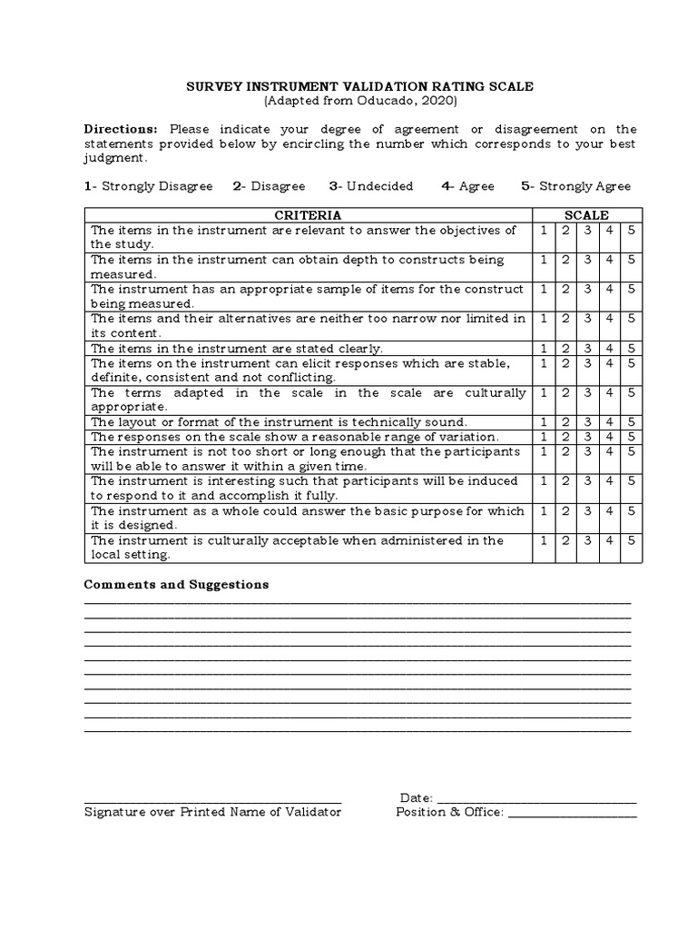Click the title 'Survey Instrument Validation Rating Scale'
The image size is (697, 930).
(x=360, y=86)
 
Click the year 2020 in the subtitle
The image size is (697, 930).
(x=441, y=101)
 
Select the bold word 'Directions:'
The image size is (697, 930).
(x=121, y=129)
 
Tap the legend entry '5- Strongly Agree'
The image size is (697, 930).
(x=575, y=186)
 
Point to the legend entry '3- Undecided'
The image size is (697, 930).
(x=370, y=186)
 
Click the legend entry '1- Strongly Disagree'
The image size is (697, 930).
(x=148, y=186)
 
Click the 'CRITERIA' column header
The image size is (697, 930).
(x=308, y=215)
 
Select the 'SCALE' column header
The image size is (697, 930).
(x=587, y=215)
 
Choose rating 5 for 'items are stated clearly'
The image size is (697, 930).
(x=632, y=349)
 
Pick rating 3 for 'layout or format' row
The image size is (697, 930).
(x=587, y=422)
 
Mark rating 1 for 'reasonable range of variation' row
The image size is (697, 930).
(x=544, y=437)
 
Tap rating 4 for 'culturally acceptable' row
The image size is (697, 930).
(x=610, y=541)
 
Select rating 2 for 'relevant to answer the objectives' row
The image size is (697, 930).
(x=565, y=231)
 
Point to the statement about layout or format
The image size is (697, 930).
(x=279, y=422)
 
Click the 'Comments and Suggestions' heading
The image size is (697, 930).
(x=176, y=584)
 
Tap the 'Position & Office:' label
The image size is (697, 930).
(x=449, y=812)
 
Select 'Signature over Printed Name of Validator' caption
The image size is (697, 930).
(x=212, y=812)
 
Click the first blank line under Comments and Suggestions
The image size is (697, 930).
(x=358, y=602)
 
